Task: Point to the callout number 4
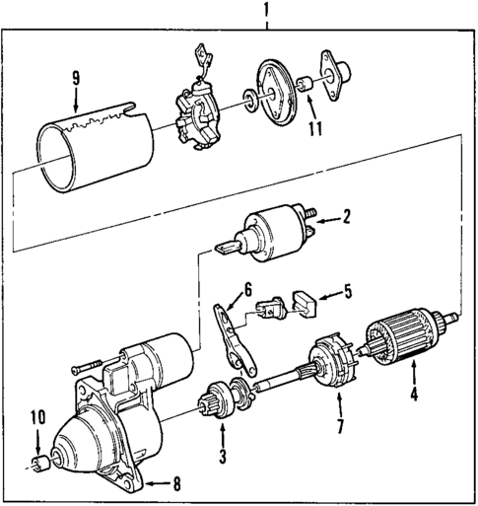[x=414, y=396]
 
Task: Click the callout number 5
[x=346, y=291]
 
